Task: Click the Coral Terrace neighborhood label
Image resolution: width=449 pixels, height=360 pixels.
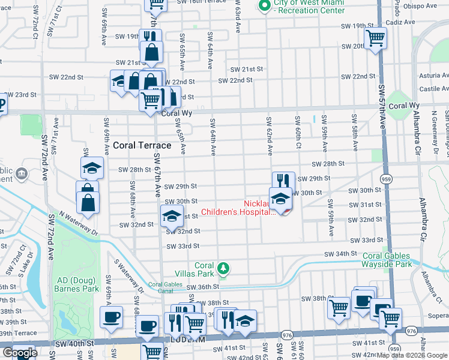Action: (142, 145)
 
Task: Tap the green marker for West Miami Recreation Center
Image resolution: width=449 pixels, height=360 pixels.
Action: (263, 5)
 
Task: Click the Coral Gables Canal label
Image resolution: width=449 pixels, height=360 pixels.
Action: (164, 288)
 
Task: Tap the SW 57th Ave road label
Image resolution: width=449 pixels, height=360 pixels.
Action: (382, 107)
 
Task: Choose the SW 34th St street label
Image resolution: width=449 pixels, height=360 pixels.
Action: (340, 254)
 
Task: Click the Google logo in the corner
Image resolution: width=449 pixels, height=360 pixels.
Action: (20, 353)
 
